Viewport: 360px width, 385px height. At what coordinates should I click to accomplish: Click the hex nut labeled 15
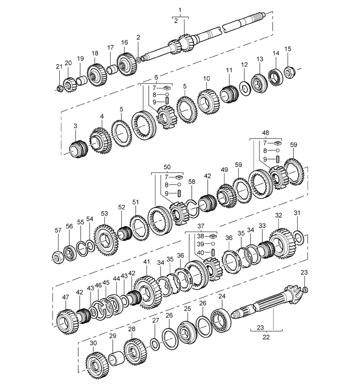288,72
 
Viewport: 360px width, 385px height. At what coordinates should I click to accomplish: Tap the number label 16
124,42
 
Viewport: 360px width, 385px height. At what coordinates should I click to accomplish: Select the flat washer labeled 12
245,89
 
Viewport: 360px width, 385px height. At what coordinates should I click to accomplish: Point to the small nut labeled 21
59,88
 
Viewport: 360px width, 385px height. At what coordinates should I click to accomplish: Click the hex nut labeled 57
59,258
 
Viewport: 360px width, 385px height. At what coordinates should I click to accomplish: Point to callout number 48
265,133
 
